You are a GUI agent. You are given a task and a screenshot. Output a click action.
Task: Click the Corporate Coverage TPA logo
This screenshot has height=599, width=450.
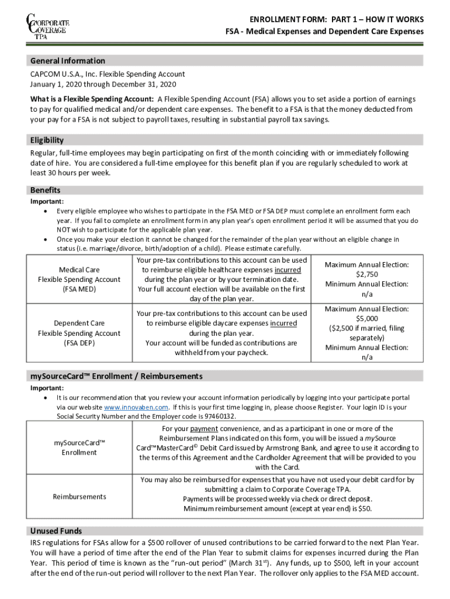[x=47, y=26]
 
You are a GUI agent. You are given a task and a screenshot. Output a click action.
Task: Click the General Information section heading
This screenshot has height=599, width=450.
[x=68, y=61]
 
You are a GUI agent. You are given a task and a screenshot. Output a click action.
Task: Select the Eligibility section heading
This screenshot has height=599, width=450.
[x=47, y=140]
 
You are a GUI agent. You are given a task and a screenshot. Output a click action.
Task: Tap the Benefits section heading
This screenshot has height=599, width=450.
[x=45, y=191]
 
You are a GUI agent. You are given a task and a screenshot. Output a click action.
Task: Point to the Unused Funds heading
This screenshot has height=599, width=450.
[x=56, y=531]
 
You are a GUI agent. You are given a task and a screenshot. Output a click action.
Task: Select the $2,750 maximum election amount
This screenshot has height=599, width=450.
[x=366, y=274]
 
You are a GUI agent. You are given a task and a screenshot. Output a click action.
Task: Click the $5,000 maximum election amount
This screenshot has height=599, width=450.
[x=366, y=319]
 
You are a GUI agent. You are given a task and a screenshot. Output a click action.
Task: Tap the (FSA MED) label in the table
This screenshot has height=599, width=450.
[x=79, y=289]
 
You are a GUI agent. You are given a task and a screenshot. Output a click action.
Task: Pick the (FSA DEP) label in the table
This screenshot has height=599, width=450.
[x=79, y=343]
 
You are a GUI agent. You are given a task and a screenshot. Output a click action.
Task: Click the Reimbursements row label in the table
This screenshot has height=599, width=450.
[x=79, y=497]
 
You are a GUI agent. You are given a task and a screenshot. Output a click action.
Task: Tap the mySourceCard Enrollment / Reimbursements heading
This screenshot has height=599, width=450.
[x=116, y=376]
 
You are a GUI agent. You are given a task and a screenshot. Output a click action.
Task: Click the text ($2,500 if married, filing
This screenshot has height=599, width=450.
[x=366, y=328]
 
